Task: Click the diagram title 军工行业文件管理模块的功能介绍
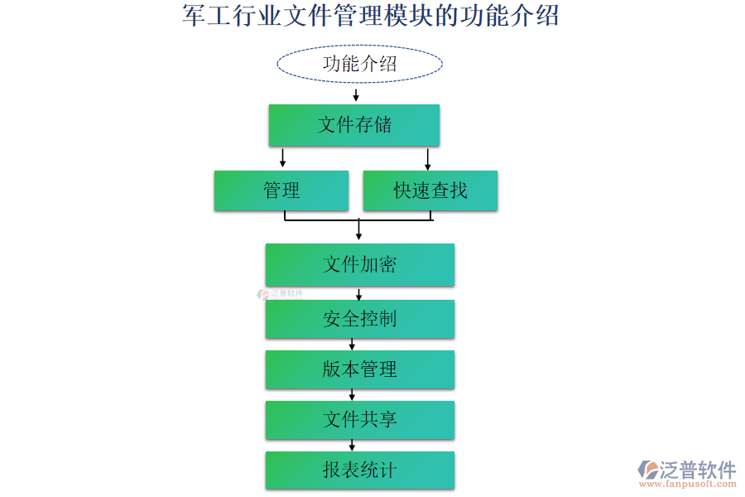click(370, 16)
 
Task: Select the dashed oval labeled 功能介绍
click(359, 64)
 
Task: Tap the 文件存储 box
click(353, 125)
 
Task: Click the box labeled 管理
click(281, 191)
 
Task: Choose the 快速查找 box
click(430, 191)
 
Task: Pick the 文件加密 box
click(359, 264)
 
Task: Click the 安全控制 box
click(359, 319)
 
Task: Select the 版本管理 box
click(359, 369)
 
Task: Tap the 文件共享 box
click(359, 420)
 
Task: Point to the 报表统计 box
click(359, 470)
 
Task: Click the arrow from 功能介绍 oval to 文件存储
click(356, 95)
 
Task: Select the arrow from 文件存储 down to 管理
click(283, 157)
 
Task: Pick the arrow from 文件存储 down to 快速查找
click(428, 157)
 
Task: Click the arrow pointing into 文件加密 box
click(358, 229)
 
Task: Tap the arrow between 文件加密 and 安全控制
click(358, 293)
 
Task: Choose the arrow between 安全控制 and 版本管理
click(352, 344)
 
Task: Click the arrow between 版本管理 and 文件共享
click(352, 394)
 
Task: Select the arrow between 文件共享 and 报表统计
click(352, 445)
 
